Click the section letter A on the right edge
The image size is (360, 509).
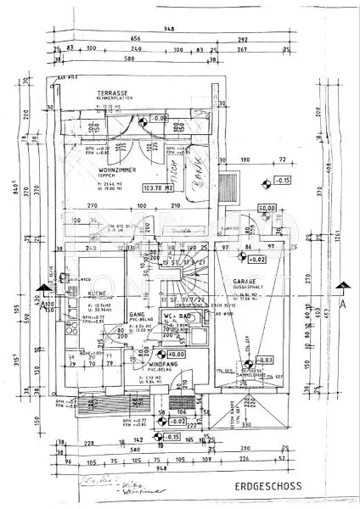343,302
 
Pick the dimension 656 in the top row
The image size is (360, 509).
134,39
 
